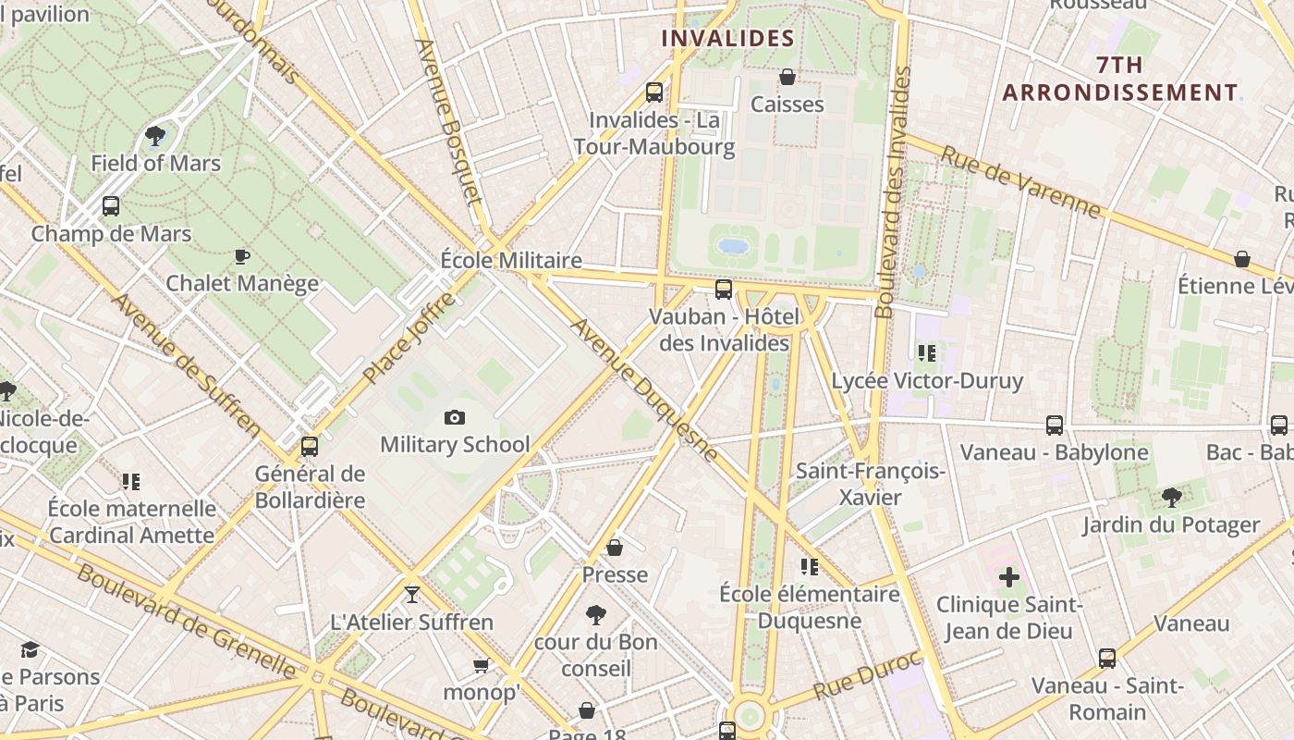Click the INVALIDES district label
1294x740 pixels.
728,38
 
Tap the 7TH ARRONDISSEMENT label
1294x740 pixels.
1120,79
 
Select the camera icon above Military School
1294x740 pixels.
454,418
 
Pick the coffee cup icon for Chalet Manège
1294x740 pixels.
242,256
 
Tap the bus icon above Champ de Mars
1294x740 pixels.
111,206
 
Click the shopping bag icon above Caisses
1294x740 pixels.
787,77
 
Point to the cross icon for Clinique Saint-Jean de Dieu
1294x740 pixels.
1008,578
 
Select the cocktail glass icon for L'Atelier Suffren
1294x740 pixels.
412,594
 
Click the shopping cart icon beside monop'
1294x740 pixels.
481,665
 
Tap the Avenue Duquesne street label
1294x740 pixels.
643,389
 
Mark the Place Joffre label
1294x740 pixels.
409,339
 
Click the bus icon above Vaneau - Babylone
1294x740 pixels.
1055,425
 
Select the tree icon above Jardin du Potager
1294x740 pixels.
1171,498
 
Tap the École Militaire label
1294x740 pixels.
511,260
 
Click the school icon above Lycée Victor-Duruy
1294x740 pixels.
927,352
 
